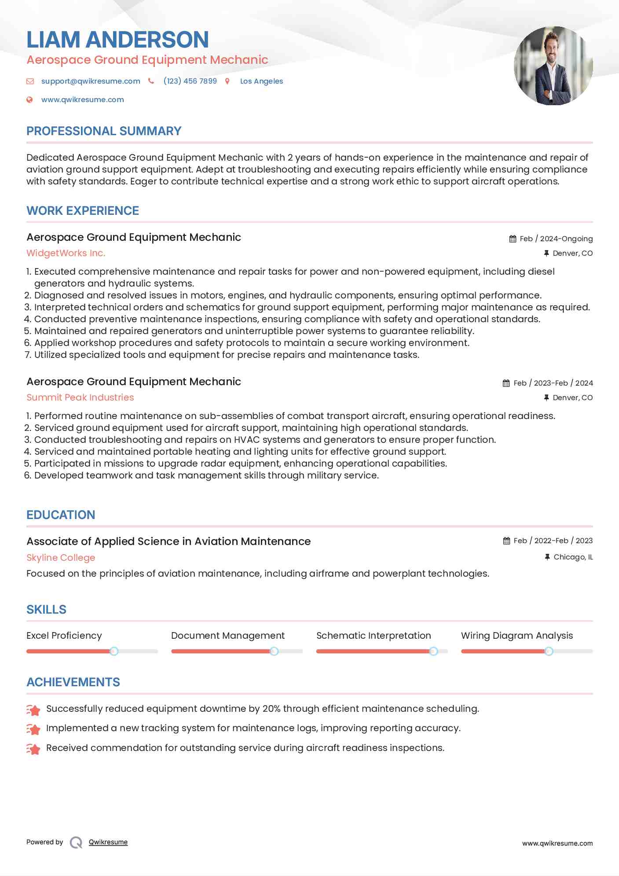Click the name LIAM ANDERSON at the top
click(x=117, y=40)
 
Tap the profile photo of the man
click(x=553, y=66)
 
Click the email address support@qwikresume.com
click(x=91, y=81)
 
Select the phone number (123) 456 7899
click(x=190, y=81)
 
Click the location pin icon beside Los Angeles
click(x=227, y=81)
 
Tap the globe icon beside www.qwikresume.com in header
click(x=29, y=99)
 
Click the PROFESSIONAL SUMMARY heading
click(x=104, y=131)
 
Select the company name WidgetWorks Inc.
click(x=66, y=253)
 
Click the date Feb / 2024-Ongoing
click(x=556, y=239)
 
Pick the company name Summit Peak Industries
click(x=80, y=398)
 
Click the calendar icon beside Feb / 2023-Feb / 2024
click(x=506, y=383)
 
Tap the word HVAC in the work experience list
click(x=246, y=440)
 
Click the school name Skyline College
click(x=61, y=558)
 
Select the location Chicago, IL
click(x=573, y=557)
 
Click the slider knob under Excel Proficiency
click(x=114, y=651)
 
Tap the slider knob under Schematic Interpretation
click(x=433, y=651)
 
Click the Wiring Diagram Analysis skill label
click(x=517, y=636)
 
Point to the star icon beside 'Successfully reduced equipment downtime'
click(x=33, y=710)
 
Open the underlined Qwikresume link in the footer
click(x=108, y=842)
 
